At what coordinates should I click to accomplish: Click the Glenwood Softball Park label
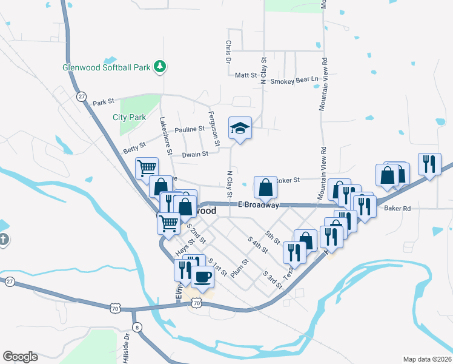[x=107, y=67]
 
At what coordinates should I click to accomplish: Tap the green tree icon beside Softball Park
[x=160, y=66]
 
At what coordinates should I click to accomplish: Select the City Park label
[x=130, y=117]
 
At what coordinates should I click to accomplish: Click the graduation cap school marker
[x=240, y=128]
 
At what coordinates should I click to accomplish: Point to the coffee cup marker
[x=202, y=277]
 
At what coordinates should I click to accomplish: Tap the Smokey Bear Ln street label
[x=294, y=80]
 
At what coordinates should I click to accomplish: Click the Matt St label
[x=246, y=75]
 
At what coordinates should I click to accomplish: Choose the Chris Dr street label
[x=228, y=52]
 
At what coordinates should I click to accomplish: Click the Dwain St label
[x=195, y=154]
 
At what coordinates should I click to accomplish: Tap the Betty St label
[x=134, y=147]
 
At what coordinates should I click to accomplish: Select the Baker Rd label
[x=397, y=208]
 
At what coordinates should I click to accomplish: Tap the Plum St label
[x=240, y=268]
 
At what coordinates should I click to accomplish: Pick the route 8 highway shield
[x=138, y=328]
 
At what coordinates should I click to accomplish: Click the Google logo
[x=20, y=357]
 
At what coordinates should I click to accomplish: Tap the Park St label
[x=104, y=103]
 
